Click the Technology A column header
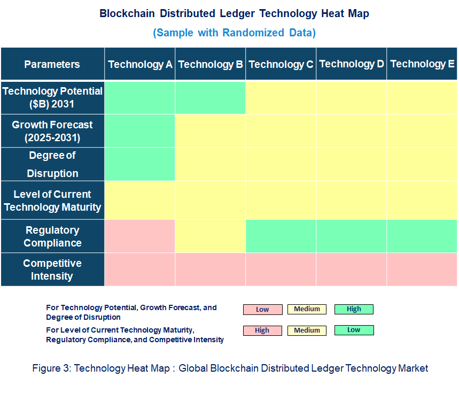click(140, 64)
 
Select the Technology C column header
click(281, 64)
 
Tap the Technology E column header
click(422, 64)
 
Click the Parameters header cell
click(52, 64)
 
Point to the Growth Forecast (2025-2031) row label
click(52, 131)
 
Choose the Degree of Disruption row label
click(52, 164)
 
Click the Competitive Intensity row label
click(52, 270)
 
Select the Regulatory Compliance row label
click(52, 236)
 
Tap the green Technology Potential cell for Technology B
click(211, 97)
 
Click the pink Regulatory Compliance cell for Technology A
click(140, 236)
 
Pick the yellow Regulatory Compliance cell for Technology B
click(211, 236)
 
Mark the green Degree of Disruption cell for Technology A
click(140, 164)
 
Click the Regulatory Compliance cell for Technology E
click(422, 236)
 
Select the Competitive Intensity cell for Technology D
click(352, 270)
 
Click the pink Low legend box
click(262, 310)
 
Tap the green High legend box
click(354, 309)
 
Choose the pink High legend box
click(262, 330)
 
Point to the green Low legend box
click(354, 330)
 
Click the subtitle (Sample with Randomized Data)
click(234, 33)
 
